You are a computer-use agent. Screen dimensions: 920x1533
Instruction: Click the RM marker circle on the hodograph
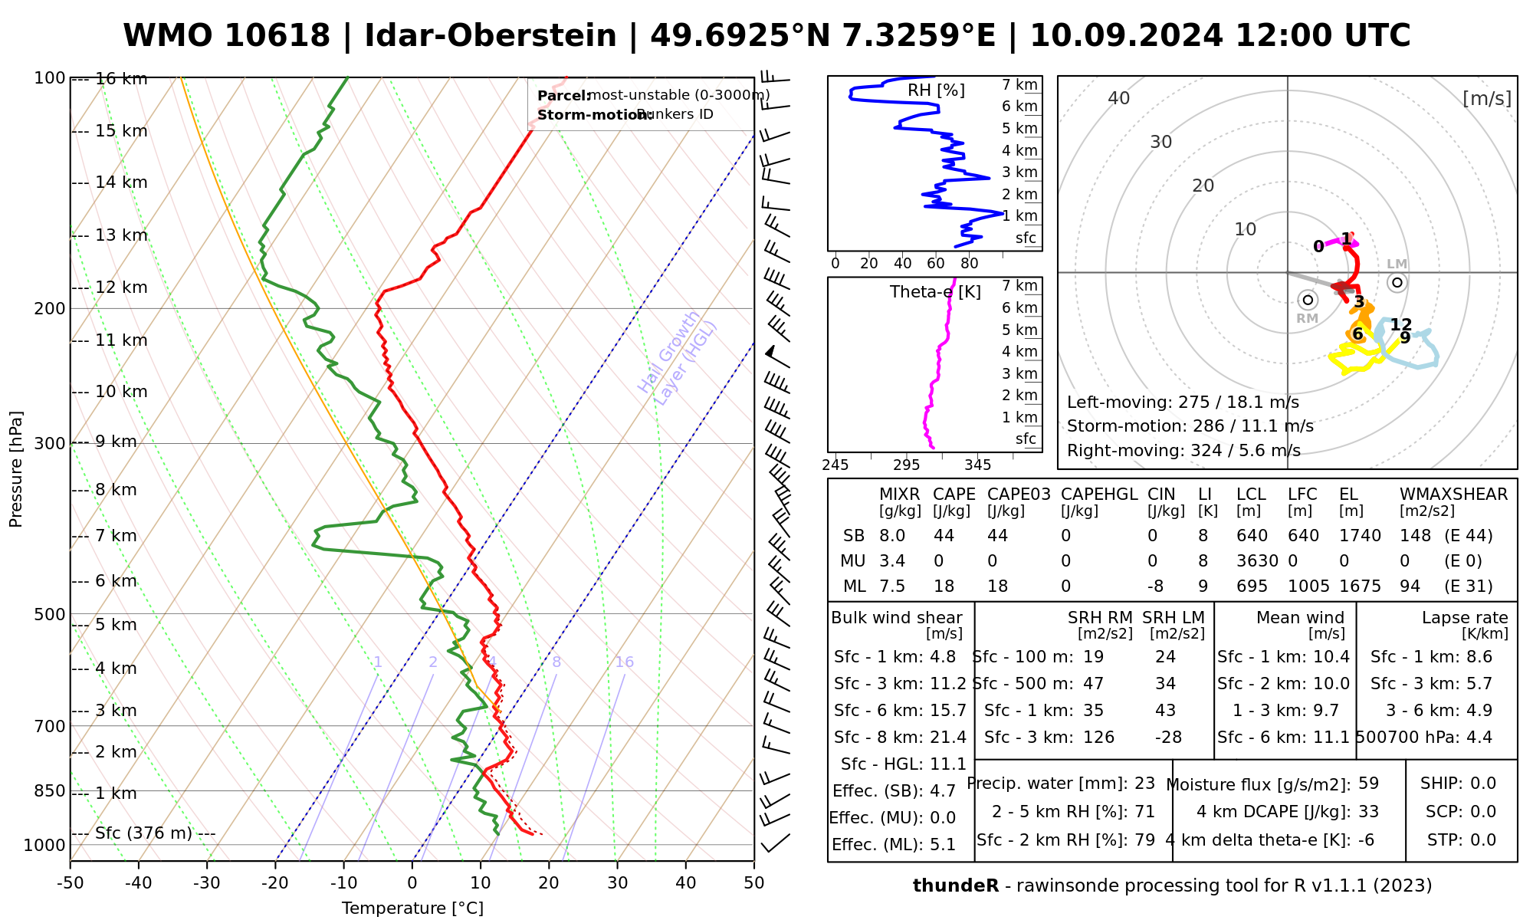click(x=1308, y=300)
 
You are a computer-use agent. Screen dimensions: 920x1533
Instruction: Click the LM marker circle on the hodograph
click(x=1397, y=283)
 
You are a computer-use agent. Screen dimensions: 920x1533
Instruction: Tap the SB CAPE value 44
click(x=944, y=536)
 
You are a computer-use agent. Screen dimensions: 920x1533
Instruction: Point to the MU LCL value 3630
click(x=1257, y=561)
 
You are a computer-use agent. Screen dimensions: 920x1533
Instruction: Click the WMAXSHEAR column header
click(x=1453, y=495)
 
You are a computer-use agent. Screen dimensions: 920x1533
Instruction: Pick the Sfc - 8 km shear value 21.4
click(x=947, y=738)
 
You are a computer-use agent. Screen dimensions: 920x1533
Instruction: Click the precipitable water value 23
click(x=1144, y=784)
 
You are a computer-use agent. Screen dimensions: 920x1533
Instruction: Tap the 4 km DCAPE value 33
click(x=1368, y=812)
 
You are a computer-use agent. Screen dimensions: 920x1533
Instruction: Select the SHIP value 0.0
click(x=1483, y=784)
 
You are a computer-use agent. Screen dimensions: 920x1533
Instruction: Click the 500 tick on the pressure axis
click(x=51, y=614)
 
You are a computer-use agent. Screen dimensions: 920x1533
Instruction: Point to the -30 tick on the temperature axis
click(x=207, y=883)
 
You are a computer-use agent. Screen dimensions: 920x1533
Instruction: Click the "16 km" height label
click(x=121, y=79)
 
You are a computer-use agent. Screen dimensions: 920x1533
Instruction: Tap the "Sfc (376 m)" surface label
click(x=143, y=833)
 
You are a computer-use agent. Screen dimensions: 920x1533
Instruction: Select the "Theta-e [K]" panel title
click(x=935, y=292)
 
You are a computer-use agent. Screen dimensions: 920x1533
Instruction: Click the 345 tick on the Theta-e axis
click(x=977, y=465)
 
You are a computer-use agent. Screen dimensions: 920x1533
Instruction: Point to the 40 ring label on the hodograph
click(x=1119, y=98)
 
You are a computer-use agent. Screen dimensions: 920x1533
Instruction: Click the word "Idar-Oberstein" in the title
click(x=491, y=36)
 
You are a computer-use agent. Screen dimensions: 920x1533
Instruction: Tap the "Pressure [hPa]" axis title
click(x=16, y=469)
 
